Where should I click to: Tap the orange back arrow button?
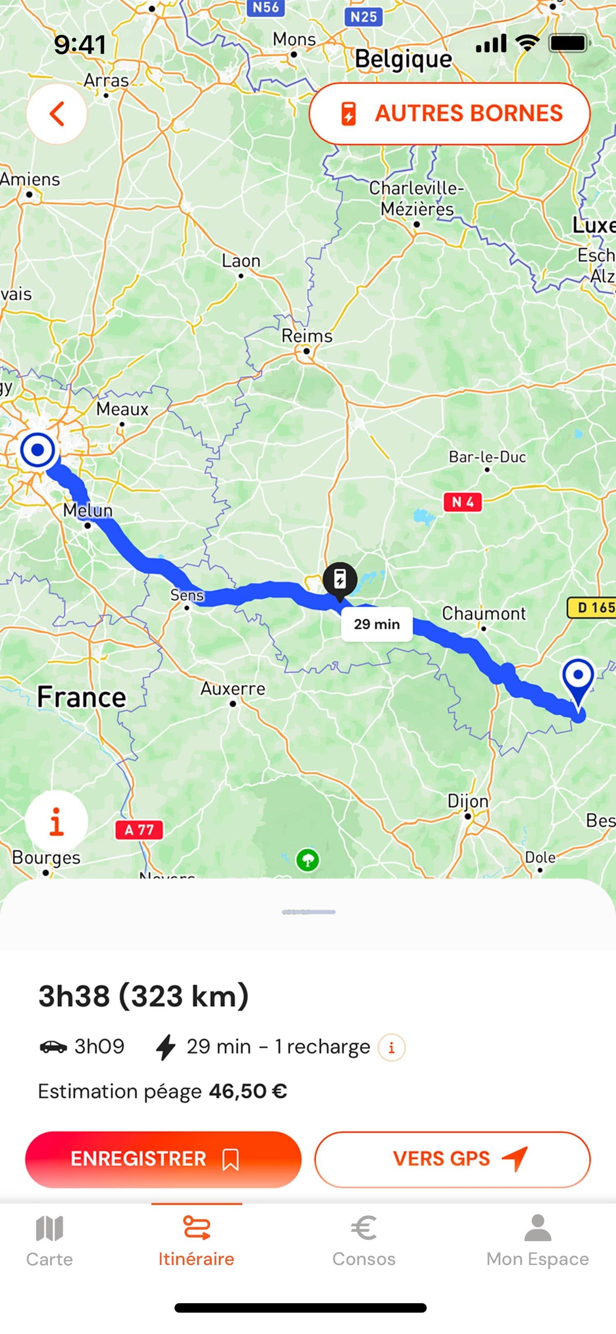pyautogui.click(x=56, y=113)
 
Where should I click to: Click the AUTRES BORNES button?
pyautogui.click(x=449, y=113)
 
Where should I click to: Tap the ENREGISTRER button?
pyautogui.click(x=163, y=1159)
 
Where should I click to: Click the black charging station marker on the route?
pyautogui.click(x=340, y=580)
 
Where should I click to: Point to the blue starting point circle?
pyautogui.click(x=37, y=449)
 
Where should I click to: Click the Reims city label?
pyautogui.click(x=306, y=336)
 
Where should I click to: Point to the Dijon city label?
pyautogui.click(x=467, y=801)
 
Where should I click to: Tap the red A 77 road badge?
pyautogui.click(x=139, y=830)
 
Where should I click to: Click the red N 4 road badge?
pyautogui.click(x=462, y=502)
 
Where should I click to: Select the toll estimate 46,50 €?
pyautogui.click(x=248, y=1091)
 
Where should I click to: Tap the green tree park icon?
pyautogui.click(x=308, y=860)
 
